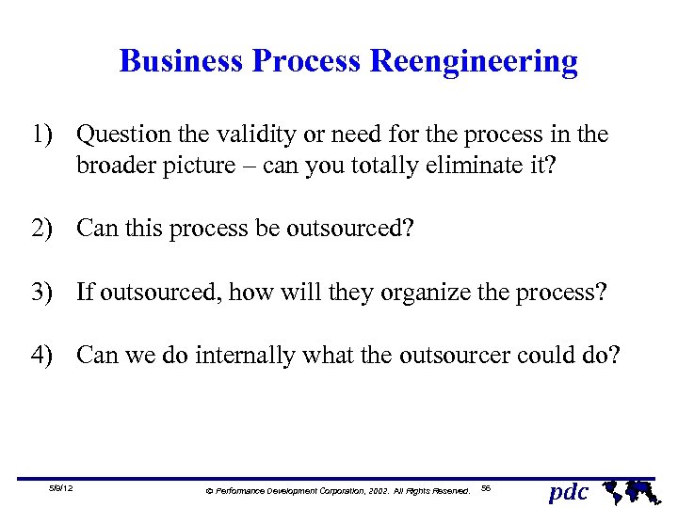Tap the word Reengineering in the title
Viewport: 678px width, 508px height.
coord(474,62)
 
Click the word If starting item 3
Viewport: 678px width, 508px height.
coord(85,292)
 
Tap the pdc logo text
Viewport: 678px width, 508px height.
coord(568,491)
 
